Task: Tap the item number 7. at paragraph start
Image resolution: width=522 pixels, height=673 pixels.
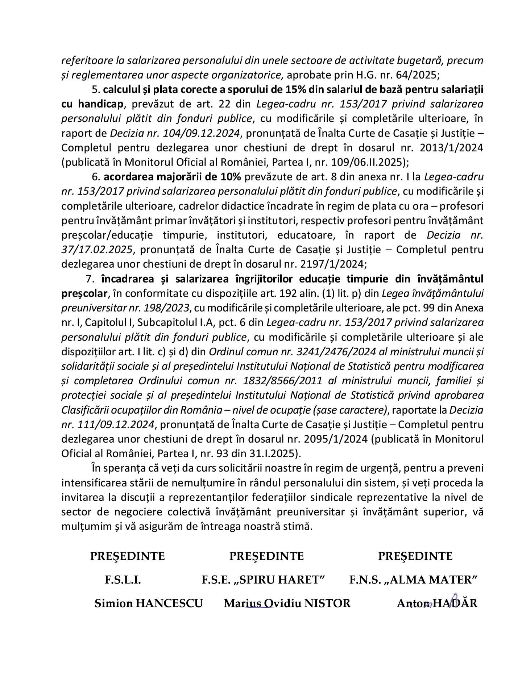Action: pyautogui.click(x=90, y=279)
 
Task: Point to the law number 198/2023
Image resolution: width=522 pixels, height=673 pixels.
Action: pyautogui.click(x=167, y=308)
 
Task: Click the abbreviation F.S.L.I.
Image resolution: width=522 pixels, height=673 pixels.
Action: pyautogui.click(x=123, y=580)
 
